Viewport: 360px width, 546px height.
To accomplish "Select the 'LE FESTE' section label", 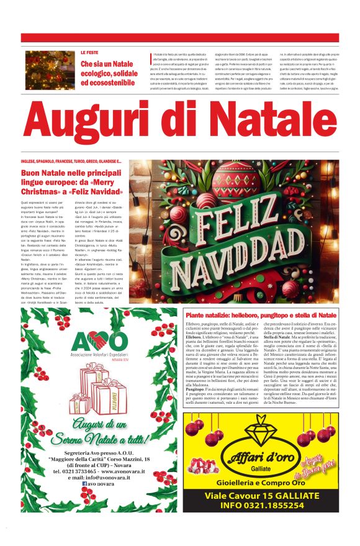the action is click(x=90, y=53).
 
